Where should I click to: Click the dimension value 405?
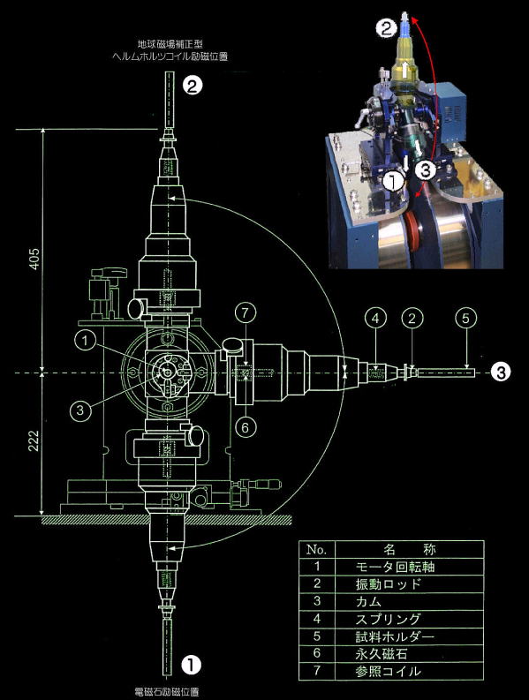pyautogui.click(x=34, y=259)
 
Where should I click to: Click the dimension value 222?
pyautogui.click(x=34, y=440)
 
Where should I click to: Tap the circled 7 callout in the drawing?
pyautogui.click(x=246, y=313)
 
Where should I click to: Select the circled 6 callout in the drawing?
pyautogui.click(x=246, y=427)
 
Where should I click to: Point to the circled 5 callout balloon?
pyautogui.click(x=466, y=319)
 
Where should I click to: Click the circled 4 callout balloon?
pyautogui.click(x=375, y=319)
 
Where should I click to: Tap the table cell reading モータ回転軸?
pyautogui.click(x=395, y=567)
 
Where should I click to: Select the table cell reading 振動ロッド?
pyautogui.click(x=389, y=584)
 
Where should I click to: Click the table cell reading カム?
pyautogui.click(x=368, y=601)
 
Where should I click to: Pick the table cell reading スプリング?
pyautogui.click(x=389, y=619)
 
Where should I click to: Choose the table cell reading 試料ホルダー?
pyautogui.click(x=395, y=636)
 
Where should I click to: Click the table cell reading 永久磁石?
pyautogui.click(x=382, y=653)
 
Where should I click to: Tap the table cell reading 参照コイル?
pyautogui.click(x=389, y=671)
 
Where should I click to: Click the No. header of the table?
pyautogui.click(x=317, y=549)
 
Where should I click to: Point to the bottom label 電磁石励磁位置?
pyautogui.click(x=167, y=692)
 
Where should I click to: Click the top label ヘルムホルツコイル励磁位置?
pyautogui.click(x=170, y=56)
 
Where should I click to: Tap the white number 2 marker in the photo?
pyautogui.click(x=386, y=28)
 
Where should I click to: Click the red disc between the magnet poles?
pyautogui.click(x=414, y=235)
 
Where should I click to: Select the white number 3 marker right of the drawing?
pyautogui.click(x=501, y=372)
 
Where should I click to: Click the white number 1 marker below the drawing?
pyautogui.click(x=191, y=665)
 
